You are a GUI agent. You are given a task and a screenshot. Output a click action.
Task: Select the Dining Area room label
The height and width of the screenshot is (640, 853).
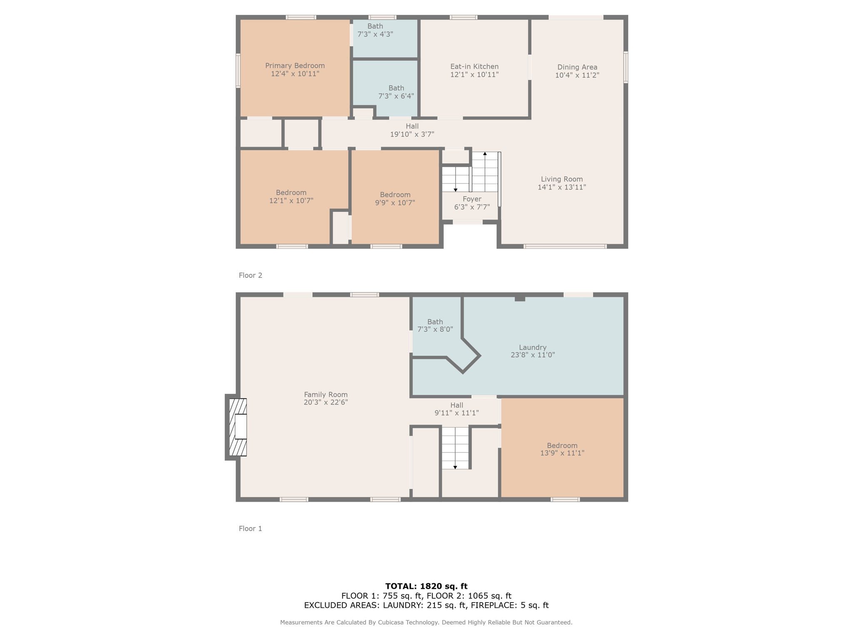click(x=577, y=67)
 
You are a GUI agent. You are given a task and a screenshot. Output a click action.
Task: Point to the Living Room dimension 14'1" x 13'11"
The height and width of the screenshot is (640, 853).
click(x=562, y=187)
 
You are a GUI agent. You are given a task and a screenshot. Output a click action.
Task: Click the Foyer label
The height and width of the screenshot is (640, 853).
click(x=472, y=199)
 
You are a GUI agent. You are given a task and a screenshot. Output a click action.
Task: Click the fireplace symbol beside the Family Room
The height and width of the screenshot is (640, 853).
click(x=238, y=427)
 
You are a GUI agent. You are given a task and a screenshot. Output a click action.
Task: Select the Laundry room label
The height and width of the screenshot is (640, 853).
click(x=533, y=347)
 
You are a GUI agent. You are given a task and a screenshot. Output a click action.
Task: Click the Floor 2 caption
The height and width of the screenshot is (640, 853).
click(x=250, y=275)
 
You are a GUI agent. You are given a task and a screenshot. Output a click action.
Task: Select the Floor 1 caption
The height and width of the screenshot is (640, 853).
click(x=250, y=529)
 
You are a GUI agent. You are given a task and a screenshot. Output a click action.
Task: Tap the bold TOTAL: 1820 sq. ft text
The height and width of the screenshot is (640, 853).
click(x=426, y=586)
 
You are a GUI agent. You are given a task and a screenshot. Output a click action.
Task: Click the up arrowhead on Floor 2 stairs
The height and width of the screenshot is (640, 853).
click(x=485, y=154)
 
